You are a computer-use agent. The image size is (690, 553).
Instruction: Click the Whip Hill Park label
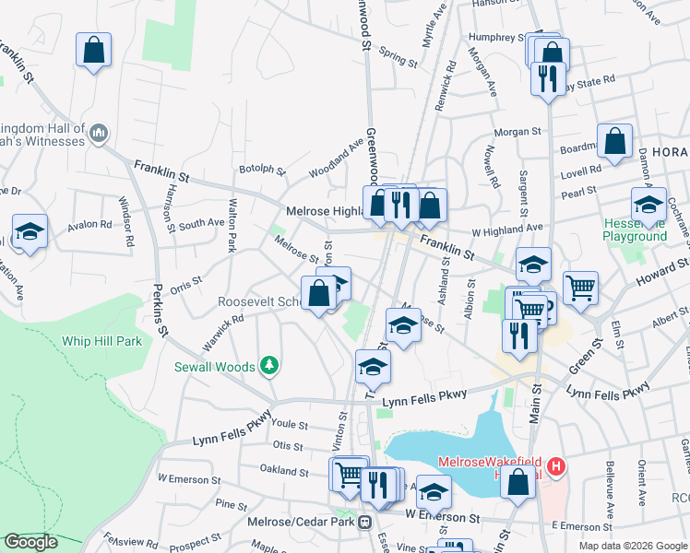pyautogui.click(x=101, y=341)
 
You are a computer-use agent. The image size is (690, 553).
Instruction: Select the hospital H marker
pyautogui.click(x=555, y=466)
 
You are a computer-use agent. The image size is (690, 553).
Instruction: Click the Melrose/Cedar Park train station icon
pyautogui.click(x=365, y=522)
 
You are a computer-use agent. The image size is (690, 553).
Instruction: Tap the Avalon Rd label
pyautogui.click(x=89, y=224)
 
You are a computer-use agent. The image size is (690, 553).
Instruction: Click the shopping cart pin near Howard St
pyautogui.click(x=580, y=287)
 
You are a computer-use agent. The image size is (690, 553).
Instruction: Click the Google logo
pyautogui.click(x=31, y=542)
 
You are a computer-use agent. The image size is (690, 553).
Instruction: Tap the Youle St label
pyautogui.click(x=290, y=425)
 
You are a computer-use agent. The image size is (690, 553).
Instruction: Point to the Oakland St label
pyautogui.click(x=283, y=471)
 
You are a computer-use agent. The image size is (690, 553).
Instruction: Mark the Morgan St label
pyautogui.click(x=516, y=132)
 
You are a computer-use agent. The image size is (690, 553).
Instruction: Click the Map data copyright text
pyautogui.click(x=632, y=545)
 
